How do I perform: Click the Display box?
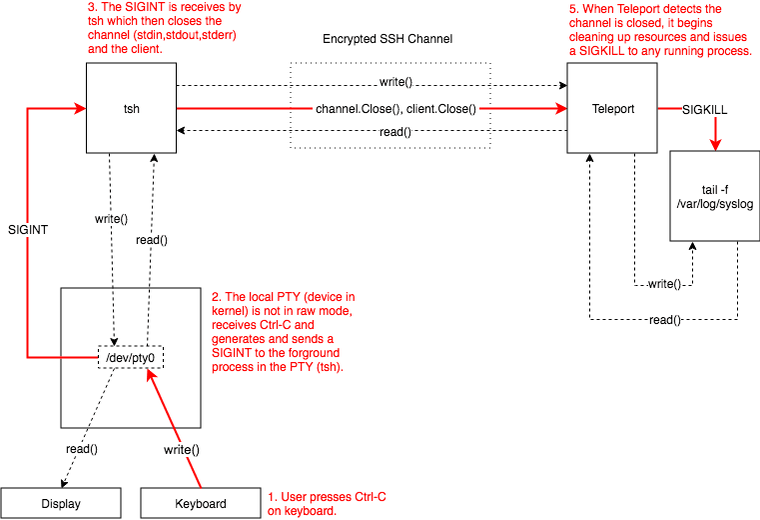coord(61,503)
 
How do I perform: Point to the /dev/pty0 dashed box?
coord(130,355)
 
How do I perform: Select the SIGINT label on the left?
coord(29,229)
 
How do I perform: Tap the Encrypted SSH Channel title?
coord(388,40)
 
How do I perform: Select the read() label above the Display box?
coord(82,449)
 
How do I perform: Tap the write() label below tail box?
coord(663,284)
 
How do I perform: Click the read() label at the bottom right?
coord(663,320)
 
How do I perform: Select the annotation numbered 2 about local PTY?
coord(281,332)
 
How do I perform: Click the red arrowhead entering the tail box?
coord(715,145)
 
